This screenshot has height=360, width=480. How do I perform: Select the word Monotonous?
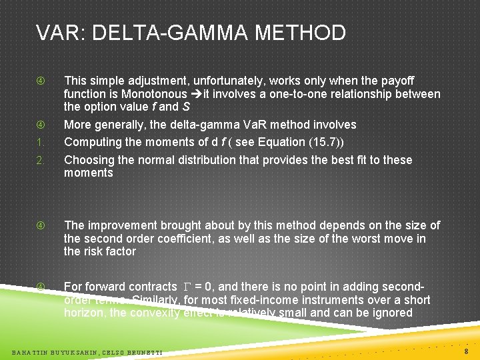pos(157,94)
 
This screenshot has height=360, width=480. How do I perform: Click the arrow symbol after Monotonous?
pos(194,94)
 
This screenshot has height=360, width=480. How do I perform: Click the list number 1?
pos(41,142)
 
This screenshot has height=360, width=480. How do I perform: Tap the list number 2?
pos(41,160)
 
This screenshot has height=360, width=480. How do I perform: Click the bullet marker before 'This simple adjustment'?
pos(41,81)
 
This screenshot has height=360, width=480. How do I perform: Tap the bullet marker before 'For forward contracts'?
pos(41,287)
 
